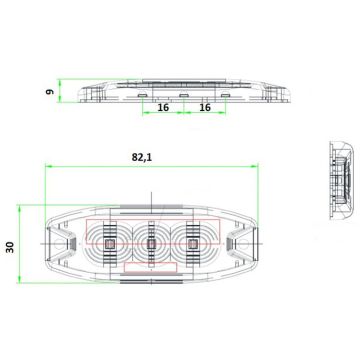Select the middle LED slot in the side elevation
pyautogui.click(x=183, y=97)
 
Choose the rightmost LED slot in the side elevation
pyautogui.click(x=225, y=97)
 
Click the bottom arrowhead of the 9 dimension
pyautogui.click(x=62, y=105)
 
